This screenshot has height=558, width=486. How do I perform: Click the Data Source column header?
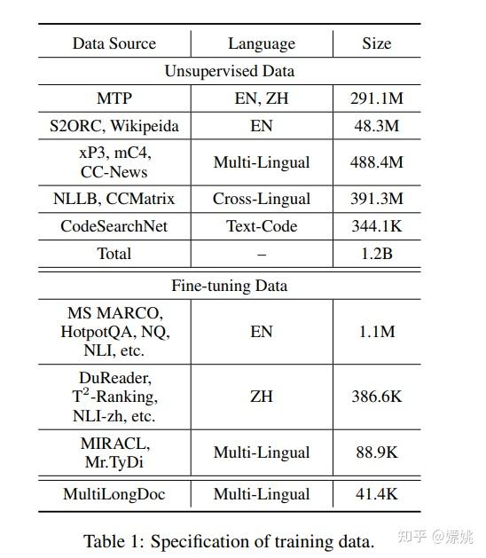tap(114, 43)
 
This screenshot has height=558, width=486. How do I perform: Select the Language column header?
tap(262, 43)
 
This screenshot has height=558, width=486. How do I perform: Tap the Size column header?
tap(376, 43)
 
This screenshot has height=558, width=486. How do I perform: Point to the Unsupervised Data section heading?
tap(229, 71)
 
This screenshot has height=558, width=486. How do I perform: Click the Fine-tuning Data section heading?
tap(229, 286)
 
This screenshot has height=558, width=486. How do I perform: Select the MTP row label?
tap(114, 98)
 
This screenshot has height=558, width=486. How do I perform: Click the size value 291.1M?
tap(376, 98)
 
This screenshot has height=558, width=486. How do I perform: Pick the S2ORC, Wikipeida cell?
tap(114, 125)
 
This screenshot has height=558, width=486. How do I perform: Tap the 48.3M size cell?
tap(376, 125)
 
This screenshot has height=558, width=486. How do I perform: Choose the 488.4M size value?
tap(376, 162)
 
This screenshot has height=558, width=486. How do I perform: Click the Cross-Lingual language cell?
tap(262, 199)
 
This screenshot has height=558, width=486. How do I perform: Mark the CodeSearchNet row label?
tap(114, 226)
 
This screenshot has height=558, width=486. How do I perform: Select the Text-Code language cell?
tap(262, 226)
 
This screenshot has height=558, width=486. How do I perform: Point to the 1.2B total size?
tap(376, 254)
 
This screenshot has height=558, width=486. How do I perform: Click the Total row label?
tap(114, 254)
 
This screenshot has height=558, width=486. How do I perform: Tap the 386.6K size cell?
tap(376, 396)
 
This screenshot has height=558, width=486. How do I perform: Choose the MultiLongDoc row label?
tap(114, 494)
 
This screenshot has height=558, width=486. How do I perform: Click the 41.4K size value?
tap(376, 494)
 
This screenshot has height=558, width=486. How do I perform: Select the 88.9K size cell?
tap(376, 452)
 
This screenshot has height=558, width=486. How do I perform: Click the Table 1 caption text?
tap(229, 540)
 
